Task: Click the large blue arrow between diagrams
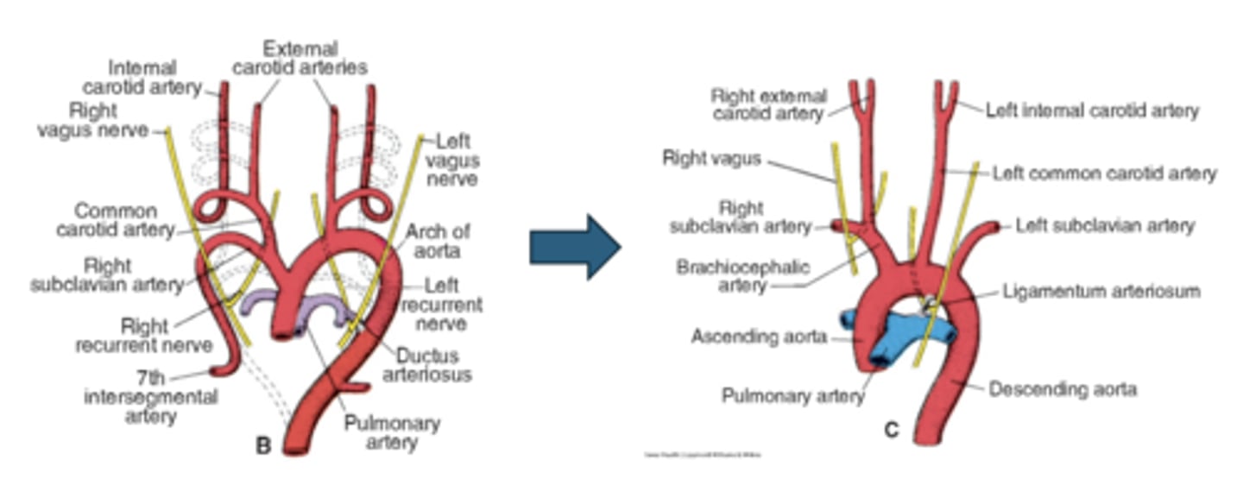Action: tap(574, 247)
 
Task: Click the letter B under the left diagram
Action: tap(263, 446)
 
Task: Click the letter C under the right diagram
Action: tap(892, 428)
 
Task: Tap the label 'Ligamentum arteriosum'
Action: tap(1101, 291)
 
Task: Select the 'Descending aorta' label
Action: tap(1062, 389)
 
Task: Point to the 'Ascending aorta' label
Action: tap(760, 337)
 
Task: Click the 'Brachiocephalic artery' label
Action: tap(743, 275)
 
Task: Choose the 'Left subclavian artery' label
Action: tap(1105, 226)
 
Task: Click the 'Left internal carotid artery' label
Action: tap(1092, 110)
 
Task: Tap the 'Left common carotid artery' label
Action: tap(1104, 173)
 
